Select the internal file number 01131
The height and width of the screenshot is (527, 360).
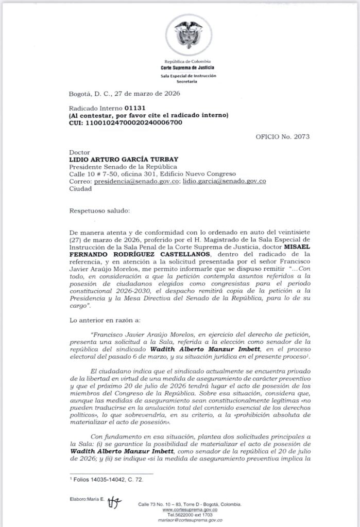pos(135,109)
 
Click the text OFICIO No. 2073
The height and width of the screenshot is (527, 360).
pos(282,136)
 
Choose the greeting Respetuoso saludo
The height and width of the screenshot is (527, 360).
pos(100,211)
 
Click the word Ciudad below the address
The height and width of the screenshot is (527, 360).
pos(80,188)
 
